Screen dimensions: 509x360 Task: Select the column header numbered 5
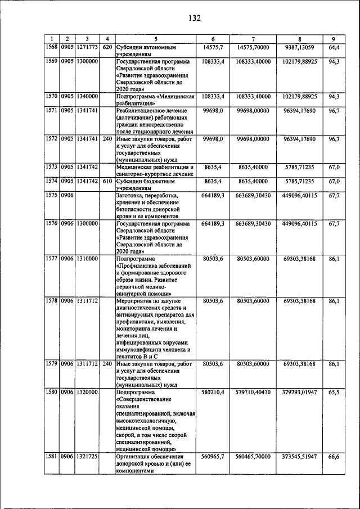click(x=155, y=39)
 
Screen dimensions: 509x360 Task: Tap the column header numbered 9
click(x=334, y=39)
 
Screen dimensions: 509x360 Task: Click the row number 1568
click(x=52, y=47)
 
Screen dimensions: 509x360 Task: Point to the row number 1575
click(x=52, y=195)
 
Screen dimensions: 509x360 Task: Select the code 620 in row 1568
click(x=107, y=47)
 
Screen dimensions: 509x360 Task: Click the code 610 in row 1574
click(x=107, y=181)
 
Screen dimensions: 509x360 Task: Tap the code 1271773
click(x=87, y=47)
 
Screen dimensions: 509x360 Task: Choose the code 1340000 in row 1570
click(x=87, y=96)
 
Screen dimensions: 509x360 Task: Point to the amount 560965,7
click(x=213, y=457)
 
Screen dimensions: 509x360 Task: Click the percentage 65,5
click(x=334, y=391)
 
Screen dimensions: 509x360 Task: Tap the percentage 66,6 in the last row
click(x=334, y=457)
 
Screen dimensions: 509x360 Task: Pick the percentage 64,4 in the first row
click(x=334, y=47)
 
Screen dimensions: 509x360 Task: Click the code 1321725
click(x=87, y=457)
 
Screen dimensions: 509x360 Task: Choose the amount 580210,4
click(x=213, y=391)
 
